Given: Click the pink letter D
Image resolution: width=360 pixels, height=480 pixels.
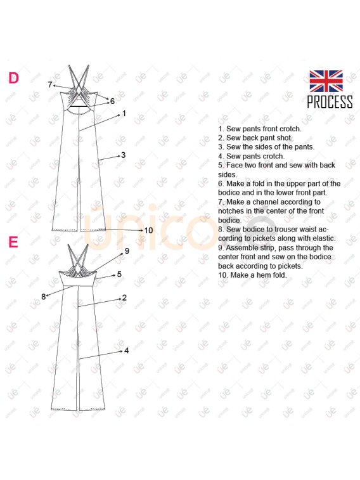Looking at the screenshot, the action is pyautogui.click(x=13, y=78).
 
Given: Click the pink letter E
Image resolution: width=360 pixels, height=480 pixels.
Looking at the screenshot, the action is pyautogui.click(x=13, y=242).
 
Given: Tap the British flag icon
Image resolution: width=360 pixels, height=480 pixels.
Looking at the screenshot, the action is pyautogui.click(x=326, y=81).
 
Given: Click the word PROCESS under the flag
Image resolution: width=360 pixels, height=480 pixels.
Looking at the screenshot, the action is pyautogui.click(x=330, y=101).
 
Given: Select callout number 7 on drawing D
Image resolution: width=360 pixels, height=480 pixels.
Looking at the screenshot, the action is pyautogui.click(x=50, y=84).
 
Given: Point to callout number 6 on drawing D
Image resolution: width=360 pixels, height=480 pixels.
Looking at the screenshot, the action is pyautogui.click(x=112, y=101).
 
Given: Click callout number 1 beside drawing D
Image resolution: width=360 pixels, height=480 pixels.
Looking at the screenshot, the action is pyautogui.click(x=124, y=114).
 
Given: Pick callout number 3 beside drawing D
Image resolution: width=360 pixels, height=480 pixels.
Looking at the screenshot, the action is pyautogui.click(x=123, y=155).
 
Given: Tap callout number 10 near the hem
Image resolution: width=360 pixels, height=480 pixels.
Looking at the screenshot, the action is pyautogui.click(x=148, y=230).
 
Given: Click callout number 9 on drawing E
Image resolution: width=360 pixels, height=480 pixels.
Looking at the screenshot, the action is pyautogui.click(x=127, y=251).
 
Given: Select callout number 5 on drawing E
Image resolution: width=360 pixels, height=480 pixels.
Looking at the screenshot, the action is pyautogui.click(x=119, y=275).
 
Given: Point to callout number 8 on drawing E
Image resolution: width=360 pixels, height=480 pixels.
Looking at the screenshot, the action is pyautogui.click(x=44, y=296).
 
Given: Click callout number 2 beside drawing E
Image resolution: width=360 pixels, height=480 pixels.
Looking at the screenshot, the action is pyautogui.click(x=124, y=297).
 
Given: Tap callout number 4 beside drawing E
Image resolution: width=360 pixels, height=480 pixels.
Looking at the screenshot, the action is pyautogui.click(x=126, y=351).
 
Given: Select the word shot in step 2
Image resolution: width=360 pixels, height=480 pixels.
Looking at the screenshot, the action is pyautogui.click(x=285, y=138).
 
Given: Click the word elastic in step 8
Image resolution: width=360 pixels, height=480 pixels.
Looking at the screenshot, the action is pyautogui.click(x=323, y=238).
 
